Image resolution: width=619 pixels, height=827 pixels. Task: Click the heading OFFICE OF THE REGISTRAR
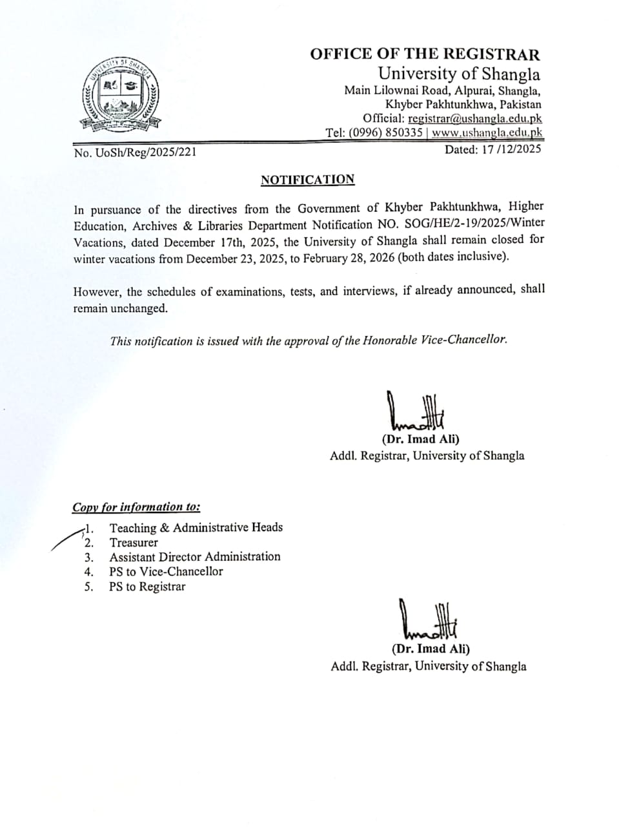[425, 54]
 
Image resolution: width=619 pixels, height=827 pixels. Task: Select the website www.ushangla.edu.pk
[487, 133]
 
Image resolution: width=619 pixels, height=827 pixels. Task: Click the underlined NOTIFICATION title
[308, 180]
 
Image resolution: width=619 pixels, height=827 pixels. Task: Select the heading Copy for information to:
[136, 507]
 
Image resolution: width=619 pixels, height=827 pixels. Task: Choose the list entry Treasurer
[134, 543]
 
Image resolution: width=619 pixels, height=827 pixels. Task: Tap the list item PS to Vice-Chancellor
[166, 572]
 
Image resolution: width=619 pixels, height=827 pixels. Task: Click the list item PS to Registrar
[147, 587]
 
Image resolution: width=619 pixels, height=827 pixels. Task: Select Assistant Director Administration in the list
[195, 557]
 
